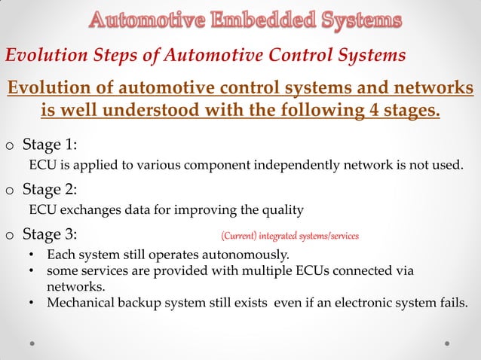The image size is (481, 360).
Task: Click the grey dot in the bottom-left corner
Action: click(x=32, y=343)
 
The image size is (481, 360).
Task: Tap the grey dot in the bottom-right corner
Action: click(x=448, y=343)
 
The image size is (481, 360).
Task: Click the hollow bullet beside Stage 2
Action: click(x=9, y=191)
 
